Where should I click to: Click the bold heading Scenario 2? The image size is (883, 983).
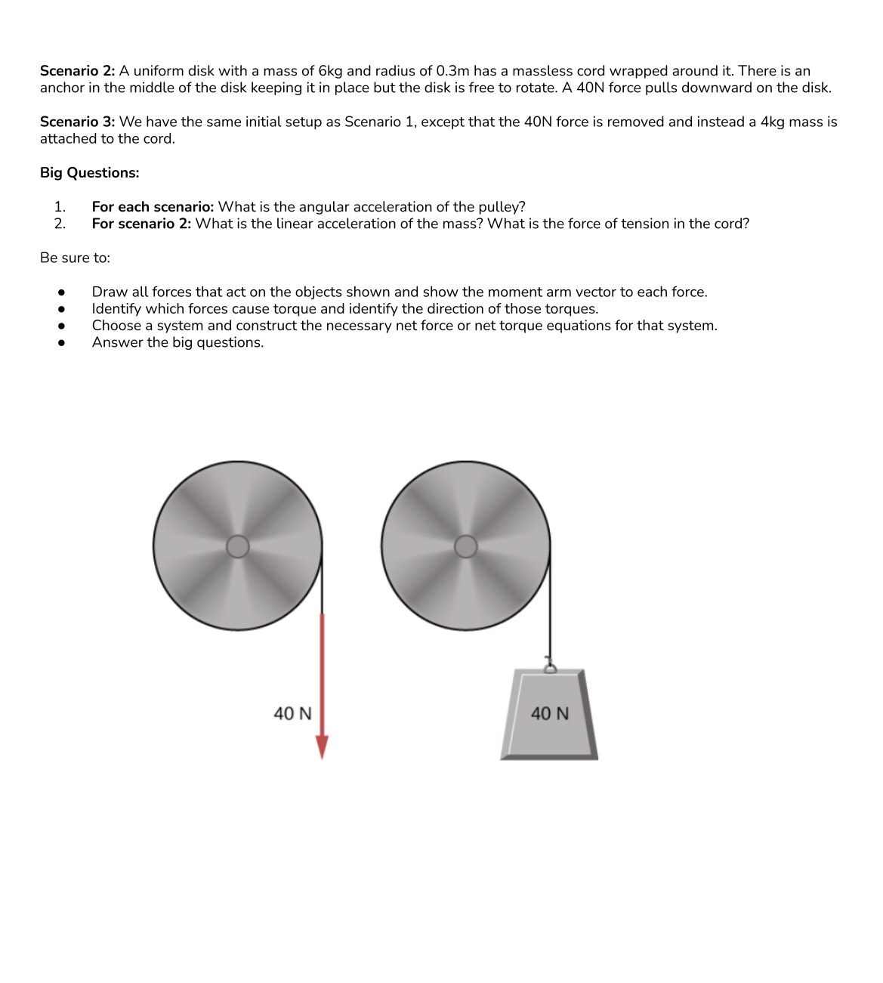[77, 71]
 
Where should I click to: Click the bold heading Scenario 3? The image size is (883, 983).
[77, 122]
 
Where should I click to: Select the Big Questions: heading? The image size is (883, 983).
[89, 173]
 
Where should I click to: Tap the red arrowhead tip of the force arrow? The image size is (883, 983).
[323, 752]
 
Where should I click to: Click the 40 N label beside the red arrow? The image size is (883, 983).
[292, 713]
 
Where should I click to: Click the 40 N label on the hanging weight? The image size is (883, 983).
[550, 713]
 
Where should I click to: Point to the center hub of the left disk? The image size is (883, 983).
[238, 546]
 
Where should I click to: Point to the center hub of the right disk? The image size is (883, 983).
[466, 546]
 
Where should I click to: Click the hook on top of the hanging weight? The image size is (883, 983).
[551, 666]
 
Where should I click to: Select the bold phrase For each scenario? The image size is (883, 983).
[153, 207]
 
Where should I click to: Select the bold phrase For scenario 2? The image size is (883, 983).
[141, 224]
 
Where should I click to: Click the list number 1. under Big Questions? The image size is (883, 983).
[60, 207]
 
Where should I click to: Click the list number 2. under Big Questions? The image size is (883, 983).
[60, 224]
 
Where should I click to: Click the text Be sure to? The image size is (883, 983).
[75, 258]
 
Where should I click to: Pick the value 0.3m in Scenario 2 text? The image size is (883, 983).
[452, 71]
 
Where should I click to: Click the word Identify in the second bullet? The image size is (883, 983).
[116, 309]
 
